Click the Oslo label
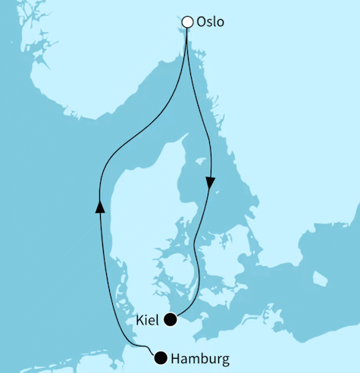coord(211,23)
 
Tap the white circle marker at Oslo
coord(187,23)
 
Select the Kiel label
coord(149,320)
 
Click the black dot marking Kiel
coord(171,319)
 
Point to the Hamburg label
coord(199,358)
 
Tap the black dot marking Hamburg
coord(160,357)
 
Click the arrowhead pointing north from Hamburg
coord(99,205)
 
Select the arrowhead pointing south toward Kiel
coord(210,183)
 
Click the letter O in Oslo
coord(201,23)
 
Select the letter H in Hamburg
coord(177,358)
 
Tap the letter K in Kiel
coord(139,320)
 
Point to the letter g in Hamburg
coord(224,359)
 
